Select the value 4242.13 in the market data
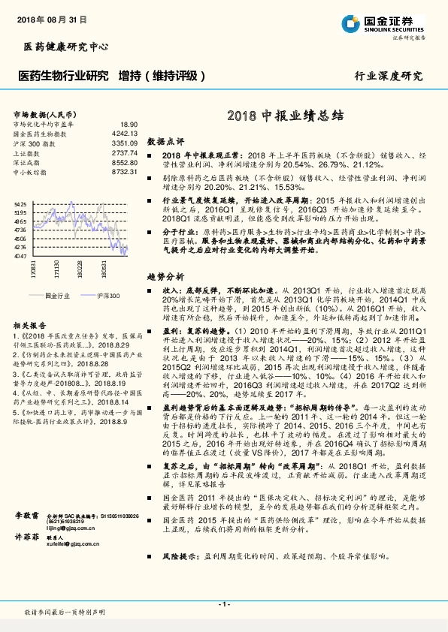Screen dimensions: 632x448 tap(123, 133)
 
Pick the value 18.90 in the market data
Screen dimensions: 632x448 tap(129, 124)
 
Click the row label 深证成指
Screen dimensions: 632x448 tap(28, 162)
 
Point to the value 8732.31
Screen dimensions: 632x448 tap(123, 172)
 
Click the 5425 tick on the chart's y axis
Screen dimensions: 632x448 tap(20, 203)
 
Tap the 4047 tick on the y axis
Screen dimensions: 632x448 tap(20, 255)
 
